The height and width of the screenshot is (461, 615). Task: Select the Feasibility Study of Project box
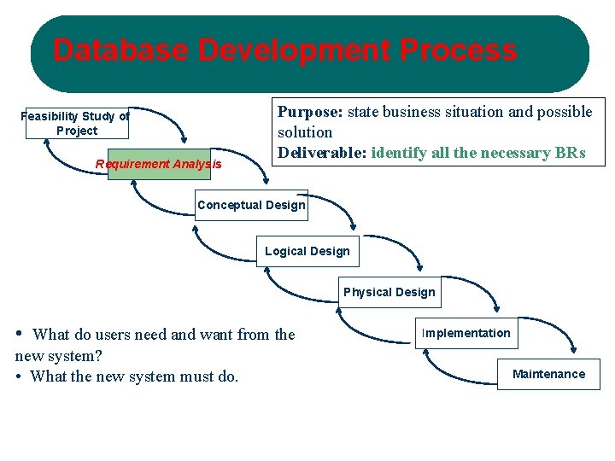pyautogui.click(x=76, y=123)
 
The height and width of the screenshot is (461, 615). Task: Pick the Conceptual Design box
pyautogui.click(x=250, y=205)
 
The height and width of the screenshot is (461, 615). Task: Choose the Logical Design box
pyautogui.click(x=307, y=251)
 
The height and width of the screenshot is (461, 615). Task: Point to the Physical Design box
pyautogui.click(x=389, y=292)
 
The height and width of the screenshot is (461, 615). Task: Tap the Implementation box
pyautogui.click(x=466, y=333)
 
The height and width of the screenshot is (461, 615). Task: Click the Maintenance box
pyautogui.click(x=548, y=374)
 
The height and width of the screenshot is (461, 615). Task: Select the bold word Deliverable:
pyautogui.click(x=322, y=153)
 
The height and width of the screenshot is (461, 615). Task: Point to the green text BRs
pyautogui.click(x=570, y=153)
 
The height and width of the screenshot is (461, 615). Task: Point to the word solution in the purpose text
pyautogui.click(x=305, y=132)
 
